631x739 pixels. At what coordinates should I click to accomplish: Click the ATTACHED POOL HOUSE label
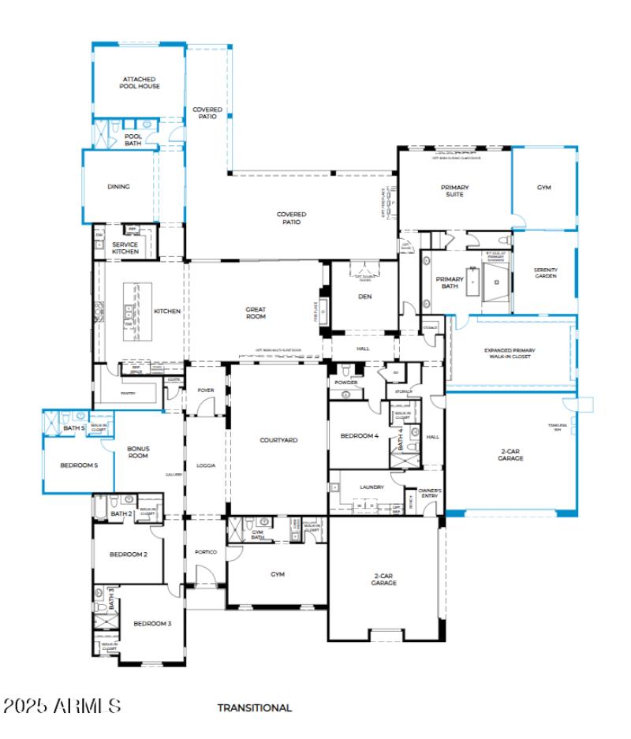pyautogui.click(x=141, y=83)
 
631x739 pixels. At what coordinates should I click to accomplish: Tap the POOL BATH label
pyautogui.click(x=133, y=139)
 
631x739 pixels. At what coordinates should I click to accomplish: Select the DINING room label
pyautogui.click(x=118, y=187)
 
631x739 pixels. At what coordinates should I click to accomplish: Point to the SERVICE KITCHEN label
pyautogui.click(x=125, y=248)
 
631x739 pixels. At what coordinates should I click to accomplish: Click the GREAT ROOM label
pyautogui.click(x=256, y=313)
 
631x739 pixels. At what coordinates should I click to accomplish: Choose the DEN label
pyautogui.click(x=364, y=297)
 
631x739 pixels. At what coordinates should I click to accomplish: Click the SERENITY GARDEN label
pyautogui.click(x=545, y=273)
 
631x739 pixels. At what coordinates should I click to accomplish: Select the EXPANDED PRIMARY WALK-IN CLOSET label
pyautogui.click(x=508, y=353)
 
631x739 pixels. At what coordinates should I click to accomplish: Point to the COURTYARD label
pyautogui.click(x=279, y=439)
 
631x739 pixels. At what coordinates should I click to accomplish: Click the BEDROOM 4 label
pyautogui.click(x=359, y=436)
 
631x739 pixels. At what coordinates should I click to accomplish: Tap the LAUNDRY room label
pyautogui.click(x=370, y=487)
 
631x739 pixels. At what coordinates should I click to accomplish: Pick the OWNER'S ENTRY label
pyautogui.click(x=430, y=494)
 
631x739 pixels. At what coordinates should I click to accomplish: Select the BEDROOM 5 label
pyautogui.click(x=79, y=465)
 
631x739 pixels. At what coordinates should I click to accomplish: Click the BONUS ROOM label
pyautogui.click(x=138, y=452)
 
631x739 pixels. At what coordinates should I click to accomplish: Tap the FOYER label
pyautogui.click(x=205, y=390)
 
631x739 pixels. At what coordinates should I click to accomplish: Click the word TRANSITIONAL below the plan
pyautogui.click(x=255, y=708)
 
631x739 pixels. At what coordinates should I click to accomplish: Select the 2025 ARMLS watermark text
pyautogui.click(x=62, y=705)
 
